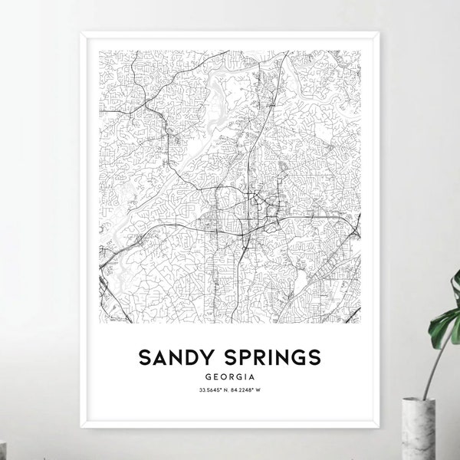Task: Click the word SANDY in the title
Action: [x=180, y=357]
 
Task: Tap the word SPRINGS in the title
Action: [x=272, y=357]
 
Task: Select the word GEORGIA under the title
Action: [x=229, y=377]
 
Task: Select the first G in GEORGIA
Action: [x=209, y=377]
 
